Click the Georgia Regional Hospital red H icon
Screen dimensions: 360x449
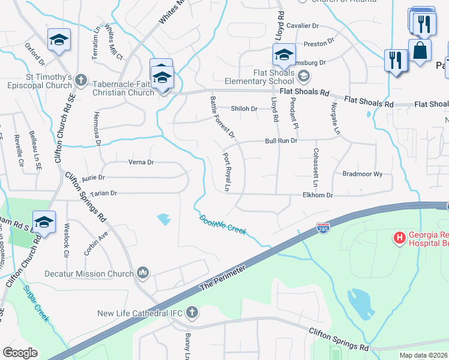[x=399, y=238]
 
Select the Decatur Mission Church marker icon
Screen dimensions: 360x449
[x=143, y=273]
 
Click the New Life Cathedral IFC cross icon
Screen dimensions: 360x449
[x=191, y=313]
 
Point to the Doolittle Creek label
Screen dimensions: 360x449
[x=223, y=225]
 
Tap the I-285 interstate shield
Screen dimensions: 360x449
[x=322, y=229]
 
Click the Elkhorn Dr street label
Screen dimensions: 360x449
[x=318, y=196]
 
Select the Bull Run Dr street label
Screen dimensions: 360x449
[x=282, y=141]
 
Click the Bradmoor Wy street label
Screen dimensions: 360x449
[x=362, y=174]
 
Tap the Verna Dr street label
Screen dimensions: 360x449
[x=141, y=162]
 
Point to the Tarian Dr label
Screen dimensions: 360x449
[x=100, y=193]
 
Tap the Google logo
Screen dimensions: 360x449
[x=20, y=353]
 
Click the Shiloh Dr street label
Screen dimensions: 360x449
[x=244, y=109]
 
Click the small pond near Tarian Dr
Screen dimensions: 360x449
[x=163, y=220]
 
